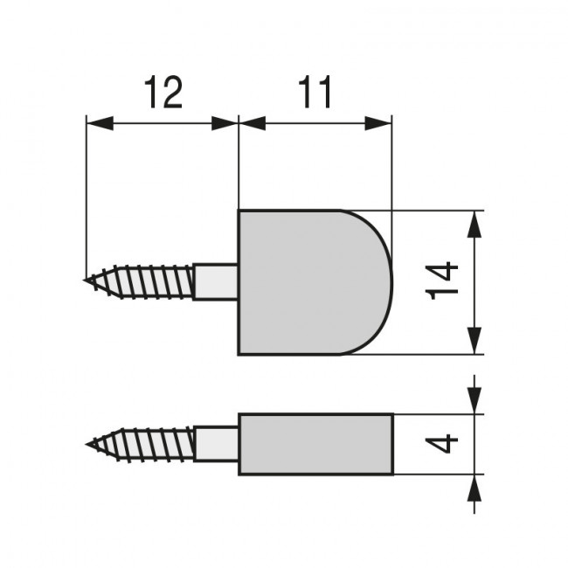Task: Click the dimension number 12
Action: tap(163, 93)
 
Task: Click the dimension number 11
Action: tap(315, 93)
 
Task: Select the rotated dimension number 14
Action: tap(445, 281)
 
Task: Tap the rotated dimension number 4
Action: tap(445, 444)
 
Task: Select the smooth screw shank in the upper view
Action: tap(215, 281)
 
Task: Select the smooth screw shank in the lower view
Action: tap(215, 444)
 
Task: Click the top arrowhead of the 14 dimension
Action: tap(473, 224)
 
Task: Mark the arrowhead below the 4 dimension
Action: tap(473, 488)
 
